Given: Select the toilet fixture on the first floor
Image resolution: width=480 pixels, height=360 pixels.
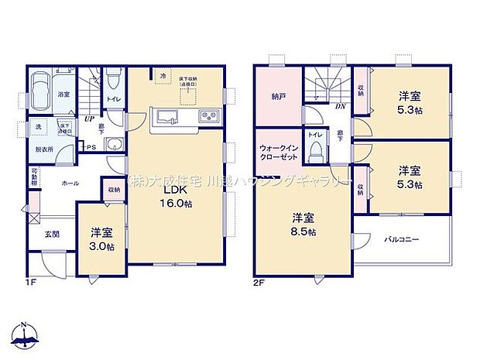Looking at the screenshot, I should pyautogui.click(x=113, y=80).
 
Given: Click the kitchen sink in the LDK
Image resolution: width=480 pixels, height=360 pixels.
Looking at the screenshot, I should pyautogui.click(x=167, y=117).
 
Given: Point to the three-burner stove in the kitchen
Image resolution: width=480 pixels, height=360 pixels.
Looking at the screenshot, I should pyautogui.click(x=209, y=117).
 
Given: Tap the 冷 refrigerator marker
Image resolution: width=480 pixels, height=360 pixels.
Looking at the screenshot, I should pyautogui.click(x=163, y=76).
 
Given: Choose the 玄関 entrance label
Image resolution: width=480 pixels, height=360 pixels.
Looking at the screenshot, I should pyautogui.click(x=52, y=234).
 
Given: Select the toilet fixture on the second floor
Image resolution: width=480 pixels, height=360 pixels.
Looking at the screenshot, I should pyautogui.click(x=316, y=152).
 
